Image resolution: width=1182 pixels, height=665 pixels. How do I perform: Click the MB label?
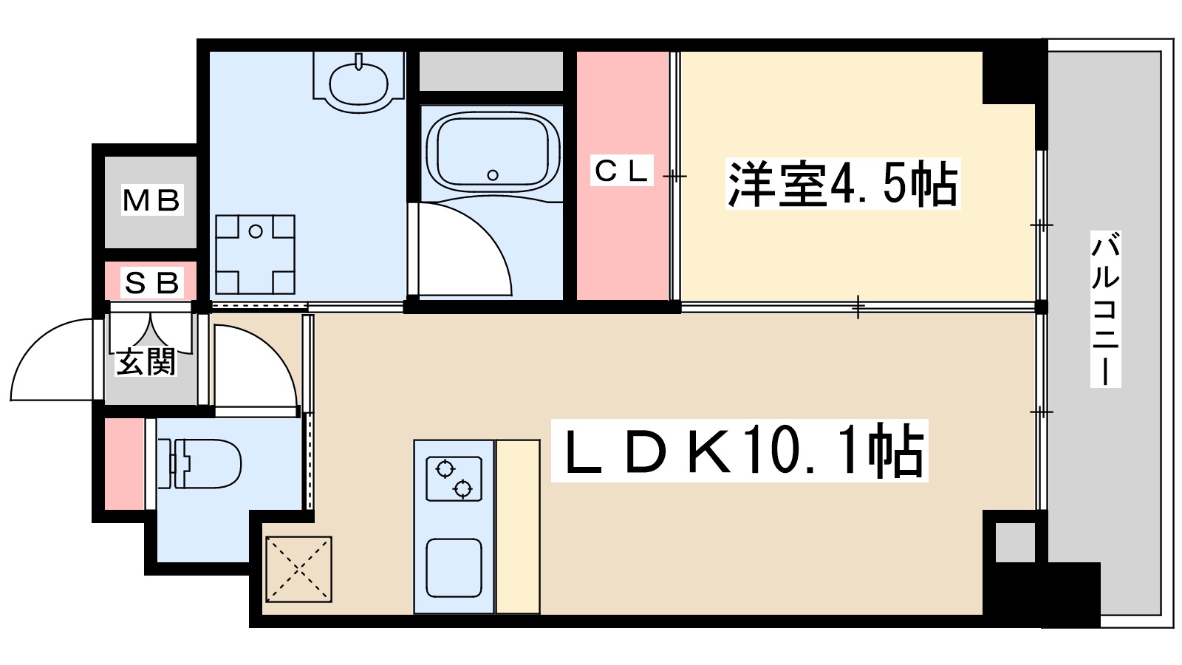click(x=151, y=200)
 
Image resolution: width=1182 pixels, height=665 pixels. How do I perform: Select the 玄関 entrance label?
click(x=146, y=362)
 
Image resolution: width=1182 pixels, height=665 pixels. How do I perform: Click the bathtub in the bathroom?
click(x=493, y=151)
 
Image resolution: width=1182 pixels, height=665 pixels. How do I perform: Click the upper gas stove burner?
click(x=445, y=468)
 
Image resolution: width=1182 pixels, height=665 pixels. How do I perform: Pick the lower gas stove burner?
click(x=462, y=488)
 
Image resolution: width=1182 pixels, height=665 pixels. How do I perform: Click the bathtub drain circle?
click(x=493, y=175)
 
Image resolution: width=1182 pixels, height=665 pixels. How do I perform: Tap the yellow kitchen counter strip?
click(x=517, y=526)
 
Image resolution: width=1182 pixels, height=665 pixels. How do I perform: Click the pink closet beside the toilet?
click(x=123, y=463)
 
